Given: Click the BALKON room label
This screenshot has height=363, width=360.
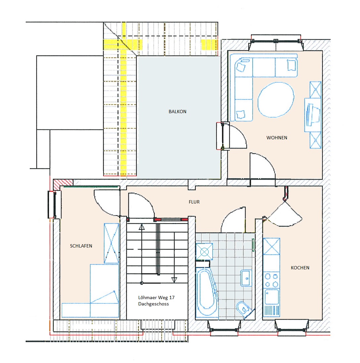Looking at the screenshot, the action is click(x=177, y=112).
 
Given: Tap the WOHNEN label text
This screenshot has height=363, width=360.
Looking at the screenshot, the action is click(x=277, y=138).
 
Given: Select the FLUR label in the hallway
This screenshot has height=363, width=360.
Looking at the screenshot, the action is click(x=194, y=202).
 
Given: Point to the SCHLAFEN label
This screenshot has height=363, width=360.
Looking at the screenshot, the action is click(x=81, y=246).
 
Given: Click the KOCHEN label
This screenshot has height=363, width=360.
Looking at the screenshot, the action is click(x=300, y=268).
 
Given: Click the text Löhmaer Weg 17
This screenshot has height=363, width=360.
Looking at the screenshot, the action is click(x=156, y=297).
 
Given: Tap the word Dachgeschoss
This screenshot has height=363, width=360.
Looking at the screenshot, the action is click(x=153, y=304).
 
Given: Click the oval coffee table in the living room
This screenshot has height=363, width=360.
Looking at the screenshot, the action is click(x=276, y=100).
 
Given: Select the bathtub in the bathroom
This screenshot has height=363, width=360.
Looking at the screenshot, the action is click(x=206, y=292).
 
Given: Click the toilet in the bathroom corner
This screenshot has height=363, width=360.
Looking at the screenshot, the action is click(x=243, y=309).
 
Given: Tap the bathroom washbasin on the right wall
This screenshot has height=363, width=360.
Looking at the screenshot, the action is click(x=246, y=278).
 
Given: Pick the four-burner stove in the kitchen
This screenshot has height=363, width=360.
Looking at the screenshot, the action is click(x=271, y=280).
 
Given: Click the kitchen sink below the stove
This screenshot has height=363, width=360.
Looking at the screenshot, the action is click(x=272, y=296).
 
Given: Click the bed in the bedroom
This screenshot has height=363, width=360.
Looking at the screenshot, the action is click(x=90, y=291).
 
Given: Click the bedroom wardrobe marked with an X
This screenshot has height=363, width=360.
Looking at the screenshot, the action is click(x=111, y=243).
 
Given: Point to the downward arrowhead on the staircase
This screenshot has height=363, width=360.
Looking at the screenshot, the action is click(x=174, y=280).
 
